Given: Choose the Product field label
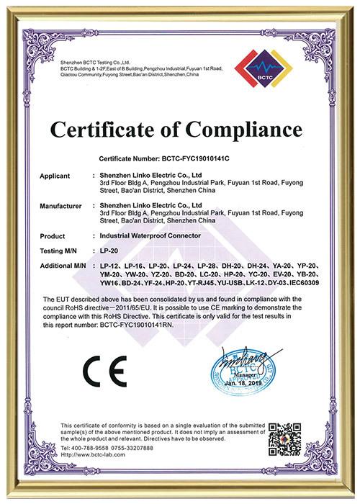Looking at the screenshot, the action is [x=54, y=235].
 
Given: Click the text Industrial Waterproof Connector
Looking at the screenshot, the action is [x=148, y=235].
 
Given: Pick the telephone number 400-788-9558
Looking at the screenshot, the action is [x=93, y=447].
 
